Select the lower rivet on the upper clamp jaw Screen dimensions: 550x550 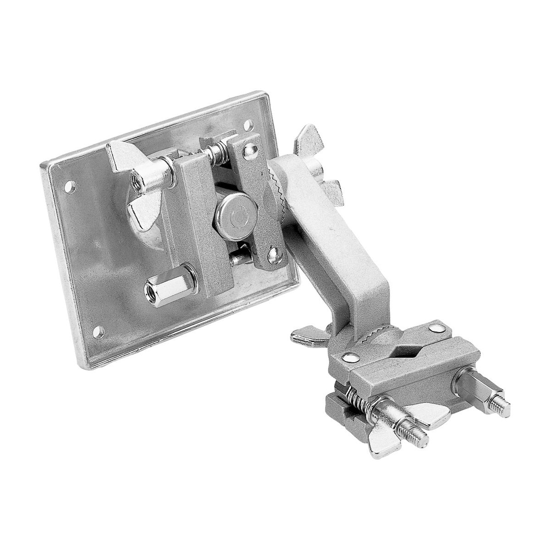pos(274,251)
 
